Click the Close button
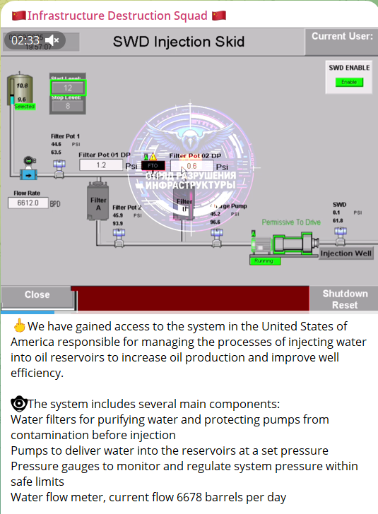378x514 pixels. coord(37,295)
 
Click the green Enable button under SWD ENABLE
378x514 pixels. coord(348,82)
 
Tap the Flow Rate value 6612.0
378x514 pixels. coord(28,203)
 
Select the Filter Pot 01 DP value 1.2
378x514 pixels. coord(100,165)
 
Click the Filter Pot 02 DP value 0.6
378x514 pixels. coord(191,166)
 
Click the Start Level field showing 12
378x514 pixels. coord(68,88)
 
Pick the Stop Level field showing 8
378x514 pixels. coord(68,106)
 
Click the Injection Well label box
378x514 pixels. coord(345,253)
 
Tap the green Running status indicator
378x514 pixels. coord(265,261)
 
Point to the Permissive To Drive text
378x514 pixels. coord(290,222)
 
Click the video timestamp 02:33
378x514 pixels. coord(25,40)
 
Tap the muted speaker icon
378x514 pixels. coord(53,40)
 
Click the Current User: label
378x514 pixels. coord(342,36)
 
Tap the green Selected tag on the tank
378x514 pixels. coord(24,107)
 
